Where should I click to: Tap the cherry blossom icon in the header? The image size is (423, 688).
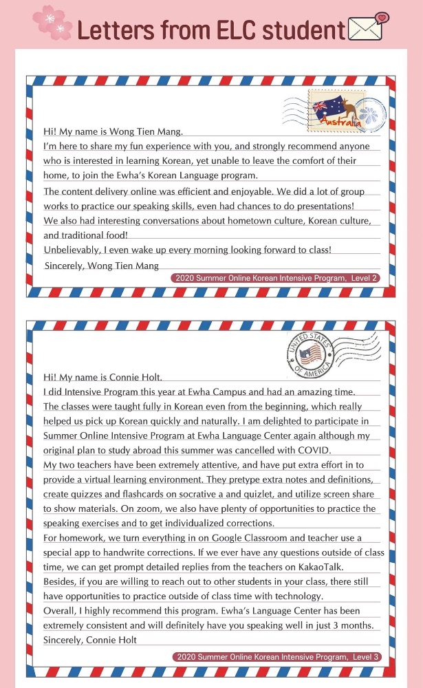pos(54,22)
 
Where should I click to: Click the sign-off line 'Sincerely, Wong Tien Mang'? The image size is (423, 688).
pos(101,266)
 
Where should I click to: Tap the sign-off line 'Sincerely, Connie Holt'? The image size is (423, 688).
pos(90,640)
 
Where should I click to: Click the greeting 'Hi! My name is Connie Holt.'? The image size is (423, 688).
pos(102,377)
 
